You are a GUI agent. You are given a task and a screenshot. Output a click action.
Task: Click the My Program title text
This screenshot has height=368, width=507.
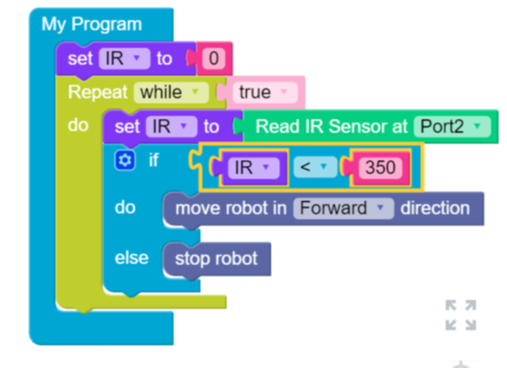[91, 24]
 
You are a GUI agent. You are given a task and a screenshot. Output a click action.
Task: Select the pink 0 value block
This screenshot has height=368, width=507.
[214, 59]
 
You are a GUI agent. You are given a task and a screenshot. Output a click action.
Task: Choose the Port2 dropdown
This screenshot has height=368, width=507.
[451, 127]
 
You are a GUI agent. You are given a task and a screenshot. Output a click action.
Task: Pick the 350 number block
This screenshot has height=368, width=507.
[380, 168]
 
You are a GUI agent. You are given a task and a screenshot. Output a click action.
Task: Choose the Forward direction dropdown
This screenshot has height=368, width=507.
[342, 208]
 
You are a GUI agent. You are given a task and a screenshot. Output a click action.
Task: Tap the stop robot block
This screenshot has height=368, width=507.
[216, 258]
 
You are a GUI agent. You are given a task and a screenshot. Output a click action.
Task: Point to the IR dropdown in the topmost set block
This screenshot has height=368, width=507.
[123, 59]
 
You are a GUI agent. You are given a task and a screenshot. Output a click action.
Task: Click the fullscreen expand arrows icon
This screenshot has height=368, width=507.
[460, 315]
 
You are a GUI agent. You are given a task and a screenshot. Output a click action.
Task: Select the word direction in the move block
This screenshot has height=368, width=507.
[434, 208]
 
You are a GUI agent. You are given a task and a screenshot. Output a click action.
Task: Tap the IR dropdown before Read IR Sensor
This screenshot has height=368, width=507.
[170, 127]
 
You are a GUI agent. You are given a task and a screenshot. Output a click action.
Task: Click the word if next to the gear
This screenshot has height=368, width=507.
[153, 160]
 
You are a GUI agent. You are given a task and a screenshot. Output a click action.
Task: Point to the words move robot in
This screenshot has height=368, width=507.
[230, 208]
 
